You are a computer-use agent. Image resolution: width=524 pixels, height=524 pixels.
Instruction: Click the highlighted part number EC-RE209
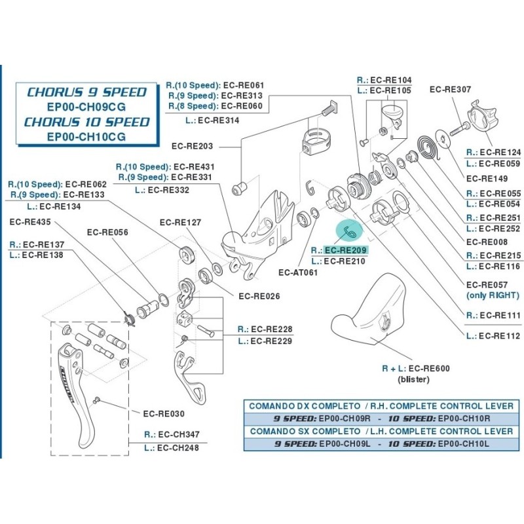point(346,250)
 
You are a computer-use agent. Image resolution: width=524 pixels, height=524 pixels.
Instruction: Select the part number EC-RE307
point(450,90)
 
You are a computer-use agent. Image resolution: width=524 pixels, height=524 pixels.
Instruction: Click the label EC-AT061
point(298,272)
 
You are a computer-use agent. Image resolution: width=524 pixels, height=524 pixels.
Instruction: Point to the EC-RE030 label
point(164,413)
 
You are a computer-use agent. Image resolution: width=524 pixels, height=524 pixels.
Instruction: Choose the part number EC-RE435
point(31,222)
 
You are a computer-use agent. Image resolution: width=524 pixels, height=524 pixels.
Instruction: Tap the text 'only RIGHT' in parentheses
point(493,295)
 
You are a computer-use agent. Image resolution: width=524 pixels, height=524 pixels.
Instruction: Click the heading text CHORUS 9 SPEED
point(86,92)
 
